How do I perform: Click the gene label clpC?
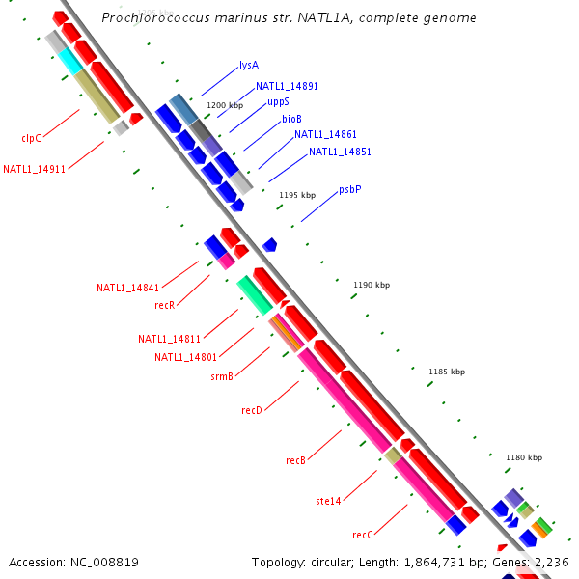click(32, 138)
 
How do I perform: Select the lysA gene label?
click(249, 66)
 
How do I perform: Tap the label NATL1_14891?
click(287, 86)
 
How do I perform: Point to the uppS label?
click(278, 101)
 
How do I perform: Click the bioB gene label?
click(291, 119)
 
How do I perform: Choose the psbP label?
click(350, 190)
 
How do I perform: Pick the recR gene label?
click(165, 305)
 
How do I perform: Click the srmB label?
click(222, 376)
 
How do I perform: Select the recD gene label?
click(252, 410)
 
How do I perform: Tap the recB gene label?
click(295, 460)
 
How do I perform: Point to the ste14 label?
click(328, 501)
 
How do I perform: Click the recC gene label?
click(362, 534)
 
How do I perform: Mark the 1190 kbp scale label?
click(372, 285)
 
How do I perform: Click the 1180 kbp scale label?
click(523, 457)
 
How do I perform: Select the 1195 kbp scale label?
click(297, 195)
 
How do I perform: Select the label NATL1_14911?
click(34, 169)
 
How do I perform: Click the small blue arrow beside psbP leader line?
click(270, 245)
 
